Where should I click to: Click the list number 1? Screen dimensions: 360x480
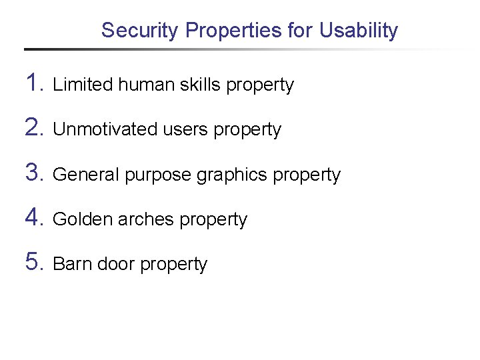(34, 83)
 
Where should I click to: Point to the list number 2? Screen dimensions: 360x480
(34, 128)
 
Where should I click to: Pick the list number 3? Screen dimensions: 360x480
(34, 173)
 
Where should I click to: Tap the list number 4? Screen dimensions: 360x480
(34, 218)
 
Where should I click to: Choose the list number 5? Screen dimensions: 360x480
(34, 263)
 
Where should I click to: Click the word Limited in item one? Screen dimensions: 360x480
(83, 85)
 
